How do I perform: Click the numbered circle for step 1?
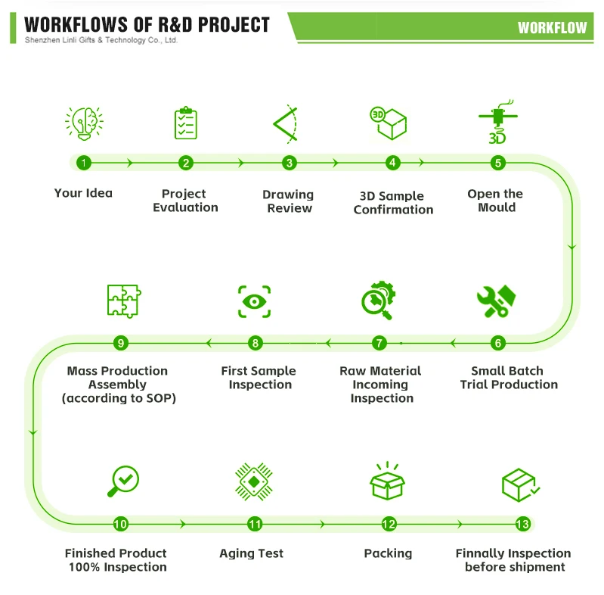pos(84,163)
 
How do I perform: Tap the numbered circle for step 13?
pos(522,524)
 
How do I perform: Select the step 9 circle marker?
pos(121,343)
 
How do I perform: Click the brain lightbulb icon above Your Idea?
pos(84,123)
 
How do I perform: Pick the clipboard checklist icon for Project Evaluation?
pos(185,123)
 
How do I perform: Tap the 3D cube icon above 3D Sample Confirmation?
pos(389,123)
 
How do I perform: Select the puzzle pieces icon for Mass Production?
pos(123,301)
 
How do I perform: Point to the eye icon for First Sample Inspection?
pos(254,301)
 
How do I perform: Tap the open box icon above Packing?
pos(387,481)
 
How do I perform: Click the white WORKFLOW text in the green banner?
pos(552,28)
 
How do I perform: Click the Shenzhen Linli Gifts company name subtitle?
pos(101,40)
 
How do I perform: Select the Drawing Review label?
pos(288,201)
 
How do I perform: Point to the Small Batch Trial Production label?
pos(509,378)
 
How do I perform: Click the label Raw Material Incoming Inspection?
pos(380,385)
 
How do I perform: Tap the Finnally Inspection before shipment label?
pos(513,560)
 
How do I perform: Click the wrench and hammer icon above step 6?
pos(497,301)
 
